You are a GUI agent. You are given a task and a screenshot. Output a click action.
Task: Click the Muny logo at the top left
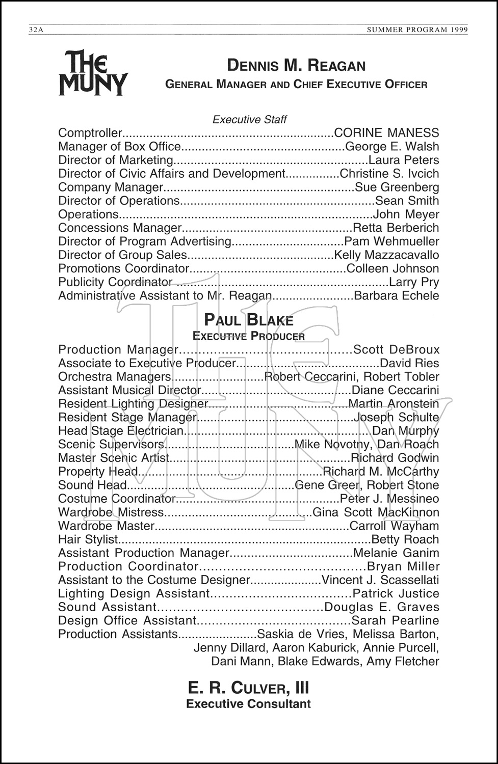[93, 73]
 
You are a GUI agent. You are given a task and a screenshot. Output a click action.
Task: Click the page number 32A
[37, 30]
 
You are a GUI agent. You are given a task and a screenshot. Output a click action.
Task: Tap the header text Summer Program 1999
[417, 30]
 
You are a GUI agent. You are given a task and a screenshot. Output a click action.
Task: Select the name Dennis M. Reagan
[296, 66]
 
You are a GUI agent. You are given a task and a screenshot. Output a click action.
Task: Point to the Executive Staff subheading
[249, 120]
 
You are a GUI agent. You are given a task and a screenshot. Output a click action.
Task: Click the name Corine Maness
[386, 133]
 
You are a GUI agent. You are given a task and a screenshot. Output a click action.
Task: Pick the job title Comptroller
[90, 133]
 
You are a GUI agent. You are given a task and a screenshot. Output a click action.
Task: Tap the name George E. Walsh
[391, 147]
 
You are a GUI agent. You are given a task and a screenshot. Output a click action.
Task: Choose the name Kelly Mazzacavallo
[386, 255]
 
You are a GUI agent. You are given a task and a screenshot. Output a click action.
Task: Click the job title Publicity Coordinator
[115, 282]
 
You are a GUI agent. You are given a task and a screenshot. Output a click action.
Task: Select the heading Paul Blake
[249, 320]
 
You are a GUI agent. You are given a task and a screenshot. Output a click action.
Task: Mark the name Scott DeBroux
[396, 350]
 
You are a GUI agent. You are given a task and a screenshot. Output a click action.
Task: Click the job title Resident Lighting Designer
[133, 404]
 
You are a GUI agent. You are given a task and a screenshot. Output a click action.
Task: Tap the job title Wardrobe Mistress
[111, 512]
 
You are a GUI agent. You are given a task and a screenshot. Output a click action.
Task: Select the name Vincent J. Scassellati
[380, 580]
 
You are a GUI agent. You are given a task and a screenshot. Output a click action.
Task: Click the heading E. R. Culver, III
[248, 688]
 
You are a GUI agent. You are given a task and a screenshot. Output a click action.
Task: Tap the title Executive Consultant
[248, 704]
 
